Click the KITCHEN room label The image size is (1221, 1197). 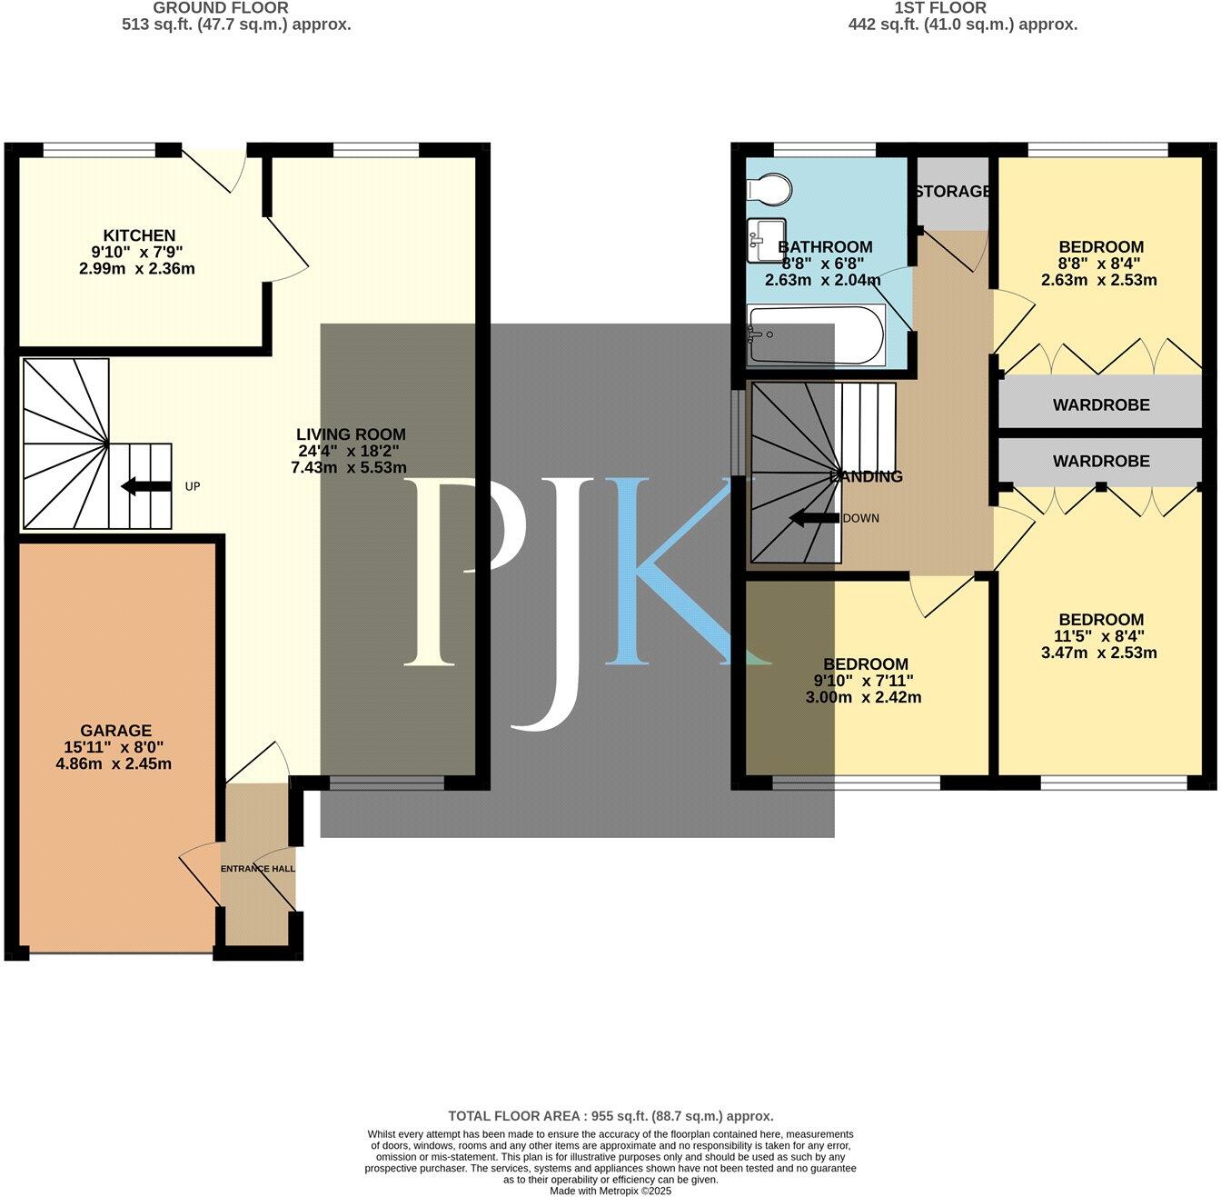tap(139, 235)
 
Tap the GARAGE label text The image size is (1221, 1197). tap(116, 731)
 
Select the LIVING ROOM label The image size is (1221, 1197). tap(351, 434)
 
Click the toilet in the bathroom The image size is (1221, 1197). tap(768, 189)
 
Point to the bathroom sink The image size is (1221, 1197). tap(765, 238)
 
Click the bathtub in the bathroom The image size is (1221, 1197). tap(815, 334)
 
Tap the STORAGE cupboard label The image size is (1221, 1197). tap(952, 192)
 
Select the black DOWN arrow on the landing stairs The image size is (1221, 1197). tap(815, 519)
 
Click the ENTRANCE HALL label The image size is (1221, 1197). tap(258, 869)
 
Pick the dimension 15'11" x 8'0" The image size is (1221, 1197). tap(114, 747)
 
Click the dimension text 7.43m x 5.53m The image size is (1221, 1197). tap(349, 467)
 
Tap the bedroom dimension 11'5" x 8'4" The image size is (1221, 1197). tap(1099, 636)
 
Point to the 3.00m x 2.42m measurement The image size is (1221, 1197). tap(863, 698)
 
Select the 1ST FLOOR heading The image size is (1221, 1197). tap(940, 8)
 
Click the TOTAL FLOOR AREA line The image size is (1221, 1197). tap(610, 1116)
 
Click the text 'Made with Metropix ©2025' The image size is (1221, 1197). tap(610, 1191)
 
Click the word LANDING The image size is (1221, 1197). tap(867, 476)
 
